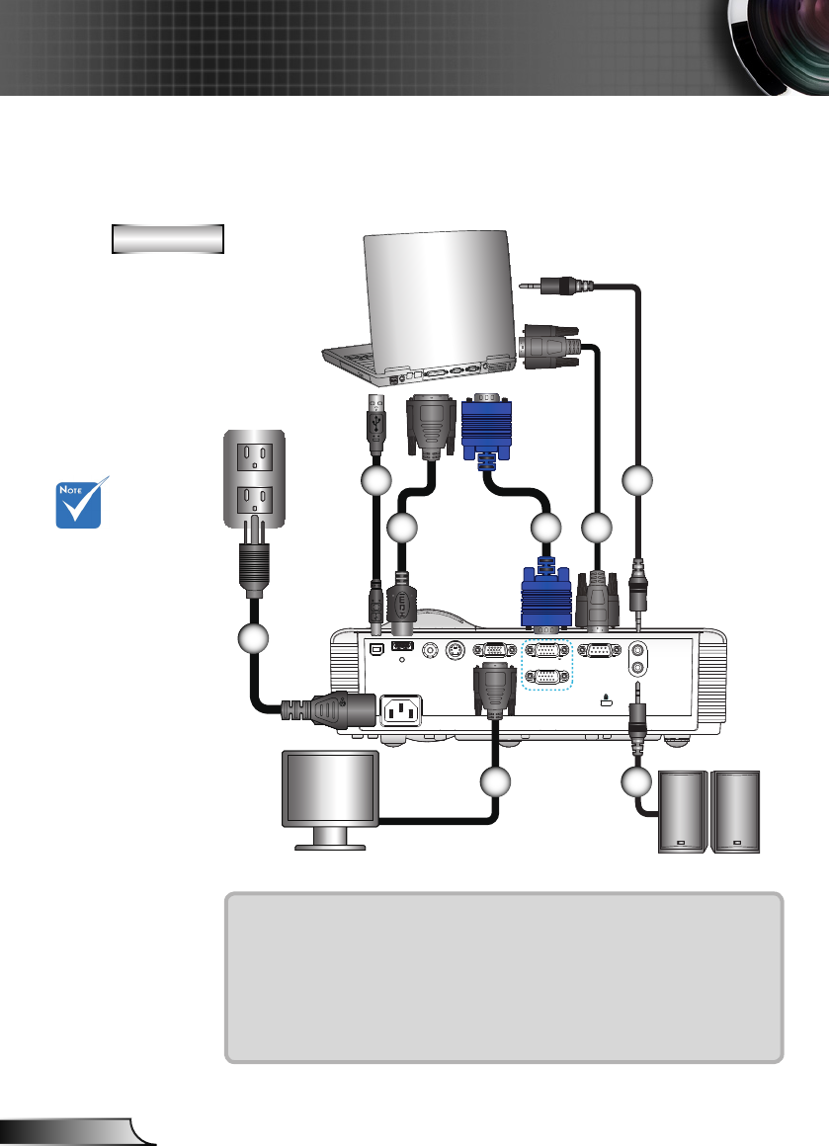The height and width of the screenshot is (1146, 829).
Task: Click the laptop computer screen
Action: click(x=440, y=298)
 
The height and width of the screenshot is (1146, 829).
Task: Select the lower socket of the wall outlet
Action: click(x=254, y=502)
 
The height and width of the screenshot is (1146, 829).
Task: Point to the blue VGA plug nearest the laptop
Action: click(x=486, y=431)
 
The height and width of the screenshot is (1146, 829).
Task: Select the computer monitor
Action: click(x=330, y=799)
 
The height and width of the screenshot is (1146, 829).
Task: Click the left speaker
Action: click(x=683, y=811)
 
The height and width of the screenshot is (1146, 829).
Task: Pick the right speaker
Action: click(x=735, y=811)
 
